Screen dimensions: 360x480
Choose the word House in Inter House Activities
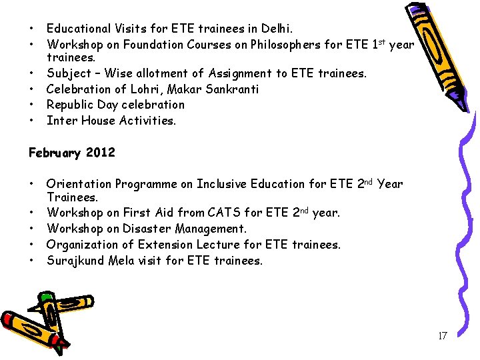pyautogui.click(x=97, y=121)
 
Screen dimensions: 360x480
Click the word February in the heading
pyautogui.click(x=54, y=153)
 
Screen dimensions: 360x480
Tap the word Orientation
pyautogui.click(x=79, y=184)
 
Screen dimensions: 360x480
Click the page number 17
pyautogui.click(x=442, y=336)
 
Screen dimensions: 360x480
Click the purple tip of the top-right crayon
pyautogui.click(x=419, y=9)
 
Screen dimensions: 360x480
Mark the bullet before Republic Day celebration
pyautogui.click(x=31, y=105)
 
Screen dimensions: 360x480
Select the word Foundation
pyautogui.click(x=138, y=45)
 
